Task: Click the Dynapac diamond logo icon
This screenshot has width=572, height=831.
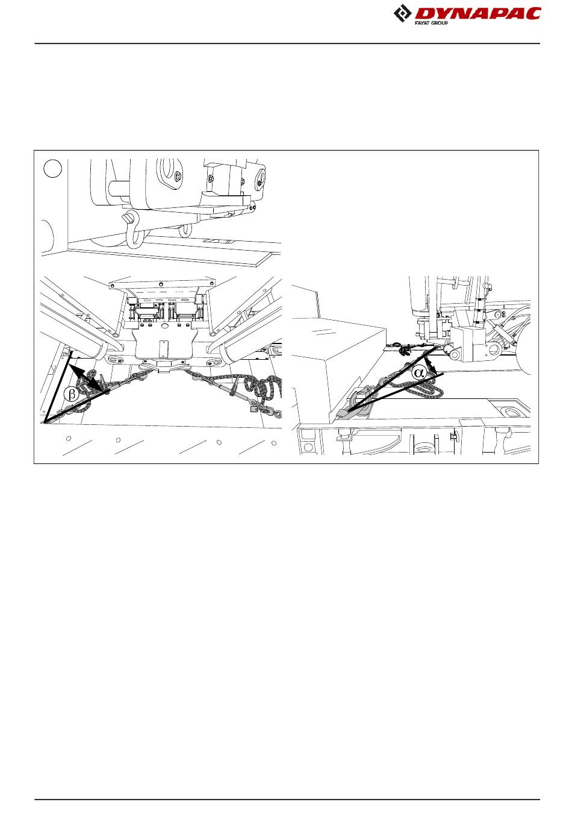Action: (402, 14)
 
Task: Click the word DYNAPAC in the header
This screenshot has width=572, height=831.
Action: (477, 14)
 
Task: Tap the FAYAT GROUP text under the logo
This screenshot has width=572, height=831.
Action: (431, 23)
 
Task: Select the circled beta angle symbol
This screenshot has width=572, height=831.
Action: (71, 394)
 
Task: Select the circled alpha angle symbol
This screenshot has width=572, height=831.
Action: (419, 372)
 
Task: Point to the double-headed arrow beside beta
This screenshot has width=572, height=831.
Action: (88, 377)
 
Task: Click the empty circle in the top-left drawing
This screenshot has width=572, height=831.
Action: (52, 168)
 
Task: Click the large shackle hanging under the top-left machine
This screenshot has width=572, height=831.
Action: (132, 229)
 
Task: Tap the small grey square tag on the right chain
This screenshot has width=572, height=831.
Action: (254, 409)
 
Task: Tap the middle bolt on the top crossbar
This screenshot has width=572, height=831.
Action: (160, 284)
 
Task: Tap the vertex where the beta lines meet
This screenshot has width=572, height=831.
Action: (45, 422)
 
